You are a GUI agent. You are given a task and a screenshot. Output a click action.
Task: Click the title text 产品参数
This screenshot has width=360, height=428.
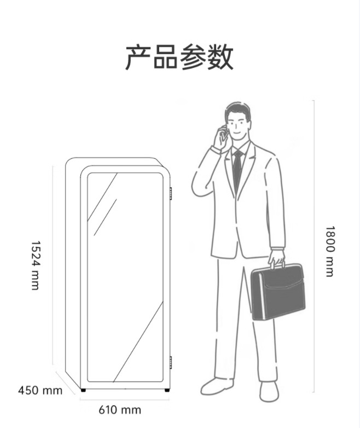pos(179,57)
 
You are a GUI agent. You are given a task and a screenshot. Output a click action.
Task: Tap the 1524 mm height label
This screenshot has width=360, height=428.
pos(36,265)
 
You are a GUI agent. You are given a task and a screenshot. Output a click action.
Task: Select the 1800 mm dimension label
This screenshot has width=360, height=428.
pos(329,251)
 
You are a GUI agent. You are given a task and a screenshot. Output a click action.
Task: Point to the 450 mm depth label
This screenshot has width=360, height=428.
pos(40,391)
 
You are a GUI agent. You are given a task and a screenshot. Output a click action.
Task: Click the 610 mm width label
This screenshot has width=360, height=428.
pos(120,410)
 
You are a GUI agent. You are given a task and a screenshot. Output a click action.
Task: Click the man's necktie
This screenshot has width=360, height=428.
pos(237,170)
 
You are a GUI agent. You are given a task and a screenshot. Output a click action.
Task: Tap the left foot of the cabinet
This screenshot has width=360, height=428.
pos(83,390)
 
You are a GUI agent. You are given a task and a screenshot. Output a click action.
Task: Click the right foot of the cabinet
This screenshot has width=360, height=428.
pos(166,390)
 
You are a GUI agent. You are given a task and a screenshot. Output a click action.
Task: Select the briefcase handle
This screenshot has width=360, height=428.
pos(277,264)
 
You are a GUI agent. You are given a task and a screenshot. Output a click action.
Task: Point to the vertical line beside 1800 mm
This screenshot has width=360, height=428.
pos(314,246)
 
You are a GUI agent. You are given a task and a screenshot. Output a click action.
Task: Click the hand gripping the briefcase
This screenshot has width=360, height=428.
pos(276,256)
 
